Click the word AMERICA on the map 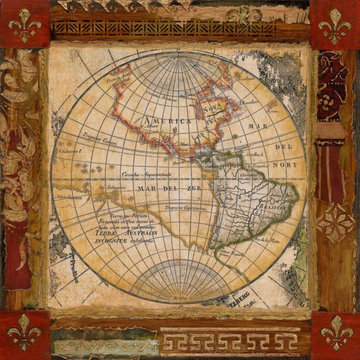point(167,121)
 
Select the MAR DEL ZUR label point(170,189)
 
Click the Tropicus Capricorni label point(185,208)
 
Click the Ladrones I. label point(70,151)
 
